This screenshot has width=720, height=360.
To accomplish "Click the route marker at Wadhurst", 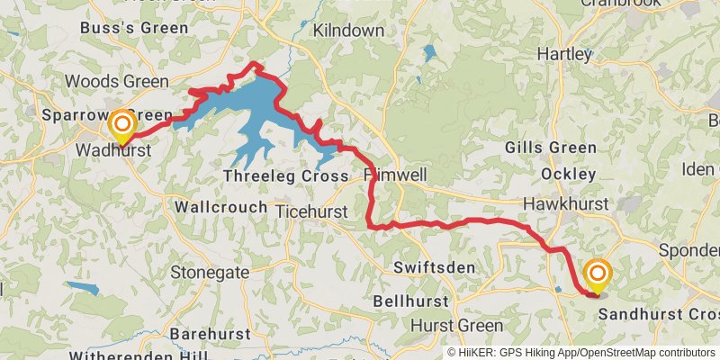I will pos(121,125).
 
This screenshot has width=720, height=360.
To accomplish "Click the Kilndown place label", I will pos(346,31).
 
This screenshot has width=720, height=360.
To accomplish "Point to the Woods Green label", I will pos(129,82).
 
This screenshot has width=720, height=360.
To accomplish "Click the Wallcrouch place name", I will pos(220,207).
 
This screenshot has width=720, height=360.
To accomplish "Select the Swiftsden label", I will pos(435,267).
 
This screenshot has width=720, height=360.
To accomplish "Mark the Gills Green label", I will pos(550,148).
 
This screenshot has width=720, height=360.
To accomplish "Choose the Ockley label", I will pos(569,174).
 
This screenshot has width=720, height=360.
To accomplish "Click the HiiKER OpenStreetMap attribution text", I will pos(582,353).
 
